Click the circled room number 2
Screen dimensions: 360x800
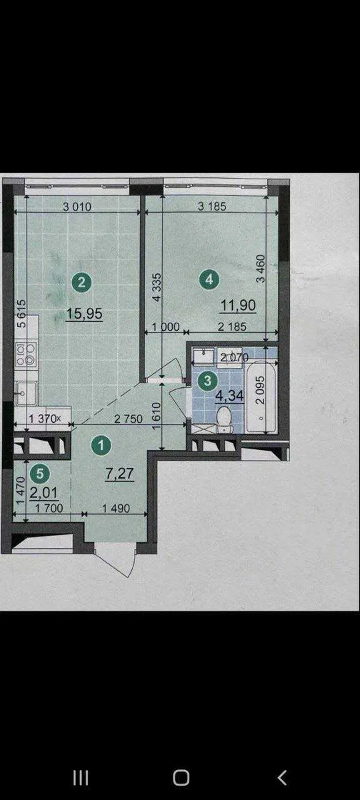tap(81, 283)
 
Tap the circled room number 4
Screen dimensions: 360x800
tap(209, 279)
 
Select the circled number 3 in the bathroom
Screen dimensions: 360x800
tap(207, 381)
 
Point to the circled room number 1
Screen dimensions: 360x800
tap(101, 445)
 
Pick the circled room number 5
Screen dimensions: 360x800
tap(40, 473)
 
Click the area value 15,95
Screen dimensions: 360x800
tap(84, 314)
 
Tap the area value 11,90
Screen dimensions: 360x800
tap(238, 306)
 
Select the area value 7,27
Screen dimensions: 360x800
tap(119, 473)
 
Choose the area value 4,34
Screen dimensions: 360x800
tap(229, 395)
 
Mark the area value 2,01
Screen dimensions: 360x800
tap(43, 493)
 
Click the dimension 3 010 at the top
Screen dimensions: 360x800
tap(77, 207)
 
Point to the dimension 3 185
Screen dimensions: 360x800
tap(212, 206)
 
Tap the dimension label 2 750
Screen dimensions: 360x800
tap(128, 419)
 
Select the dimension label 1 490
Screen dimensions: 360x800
tap(116, 508)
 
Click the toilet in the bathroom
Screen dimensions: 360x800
tap(224, 419)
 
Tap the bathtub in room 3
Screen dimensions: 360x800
tap(261, 397)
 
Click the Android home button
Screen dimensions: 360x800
tap(181, 777)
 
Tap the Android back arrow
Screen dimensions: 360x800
tap(282, 777)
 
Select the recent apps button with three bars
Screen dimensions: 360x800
tap(81, 777)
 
